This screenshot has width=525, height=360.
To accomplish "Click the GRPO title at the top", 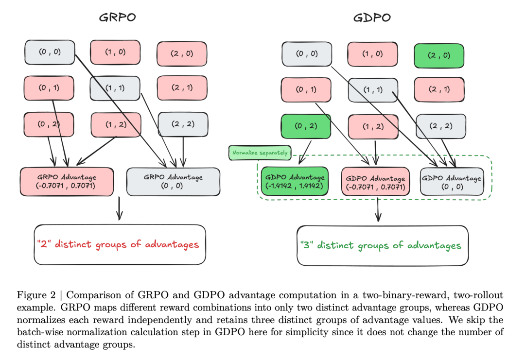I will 117,18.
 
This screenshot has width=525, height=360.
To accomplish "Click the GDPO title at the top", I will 372,18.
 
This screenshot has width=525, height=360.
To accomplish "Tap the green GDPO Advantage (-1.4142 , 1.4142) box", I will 295,181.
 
